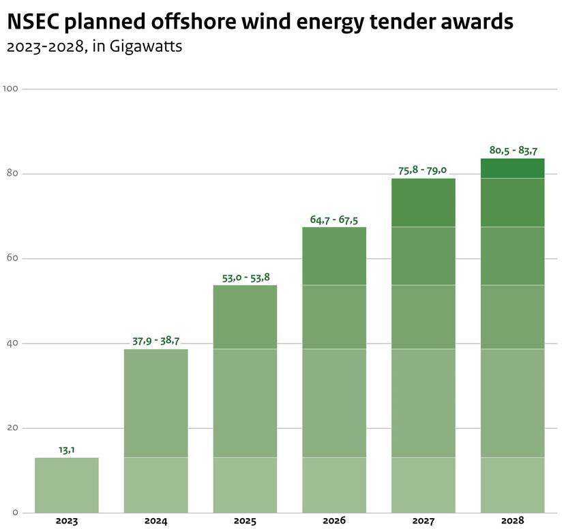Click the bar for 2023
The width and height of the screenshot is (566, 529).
pos(67,485)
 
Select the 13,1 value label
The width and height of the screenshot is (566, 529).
pos(66,449)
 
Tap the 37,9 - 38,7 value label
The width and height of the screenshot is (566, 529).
pos(155,341)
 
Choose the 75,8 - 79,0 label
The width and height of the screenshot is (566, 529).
pos(423,170)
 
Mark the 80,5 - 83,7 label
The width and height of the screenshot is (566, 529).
pos(513,150)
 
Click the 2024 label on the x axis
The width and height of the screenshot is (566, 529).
pos(155,521)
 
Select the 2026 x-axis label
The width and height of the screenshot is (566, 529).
pos(334,521)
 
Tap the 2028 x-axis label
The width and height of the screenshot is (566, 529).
pos(513,521)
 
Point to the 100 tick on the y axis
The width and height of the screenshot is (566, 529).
pos(10,89)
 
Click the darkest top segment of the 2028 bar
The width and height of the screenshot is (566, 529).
pos(513,168)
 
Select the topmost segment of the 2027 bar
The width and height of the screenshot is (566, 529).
pos(423,202)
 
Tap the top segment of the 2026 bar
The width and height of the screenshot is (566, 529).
pos(334,256)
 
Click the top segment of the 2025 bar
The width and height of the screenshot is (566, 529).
pos(245,317)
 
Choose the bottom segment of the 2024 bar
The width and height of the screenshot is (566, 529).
pos(155,485)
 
